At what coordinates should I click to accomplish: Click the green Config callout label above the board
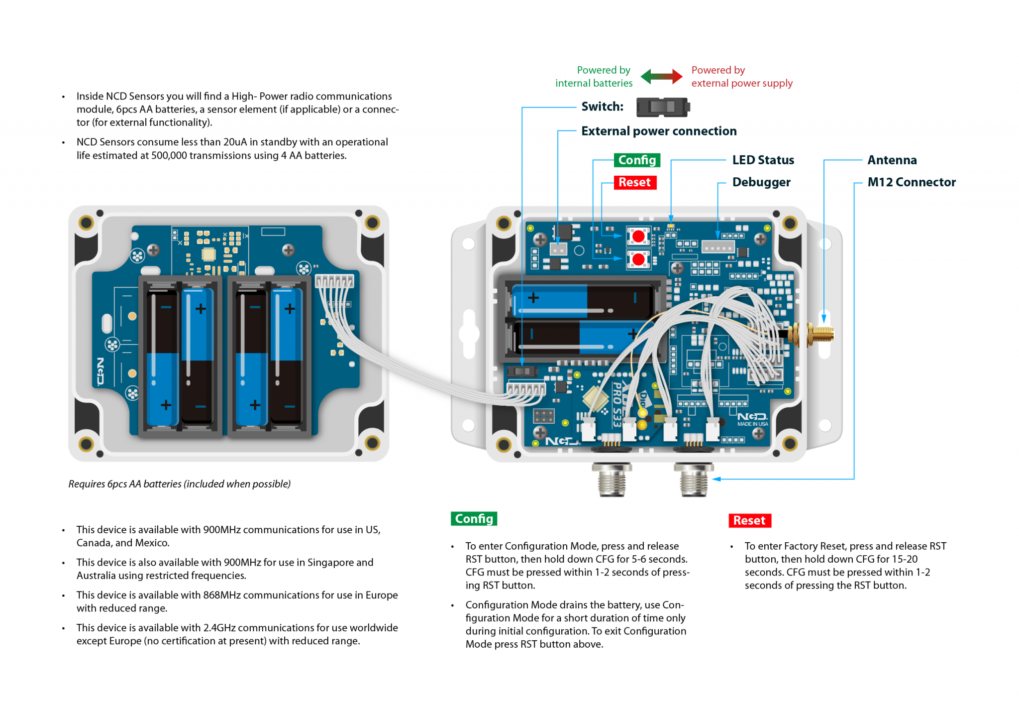tap(636, 160)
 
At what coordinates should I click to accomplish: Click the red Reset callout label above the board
tap(634, 182)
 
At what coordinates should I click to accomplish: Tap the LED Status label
tap(763, 160)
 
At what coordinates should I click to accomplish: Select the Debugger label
tap(761, 182)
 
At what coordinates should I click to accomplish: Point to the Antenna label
tap(892, 160)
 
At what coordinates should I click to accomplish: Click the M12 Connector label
tap(911, 182)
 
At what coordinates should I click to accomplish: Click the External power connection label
tap(658, 131)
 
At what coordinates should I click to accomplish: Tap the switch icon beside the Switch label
tap(663, 107)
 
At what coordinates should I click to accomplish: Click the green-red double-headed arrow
tap(661, 76)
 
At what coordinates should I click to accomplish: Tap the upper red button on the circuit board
tap(638, 236)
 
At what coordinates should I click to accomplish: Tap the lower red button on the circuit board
tap(638, 259)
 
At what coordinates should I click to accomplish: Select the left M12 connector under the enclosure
tap(611, 479)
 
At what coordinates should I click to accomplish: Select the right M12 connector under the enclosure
tap(694, 479)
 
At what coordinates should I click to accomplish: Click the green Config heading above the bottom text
tap(474, 519)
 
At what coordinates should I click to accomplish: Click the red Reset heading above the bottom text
tap(749, 520)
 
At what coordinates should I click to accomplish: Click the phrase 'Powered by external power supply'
tap(741, 77)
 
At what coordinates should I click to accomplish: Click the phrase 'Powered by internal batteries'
tap(594, 77)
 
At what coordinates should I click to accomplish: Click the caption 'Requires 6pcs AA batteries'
tap(179, 484)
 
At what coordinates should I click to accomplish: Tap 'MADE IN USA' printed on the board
tap(752, 424)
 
